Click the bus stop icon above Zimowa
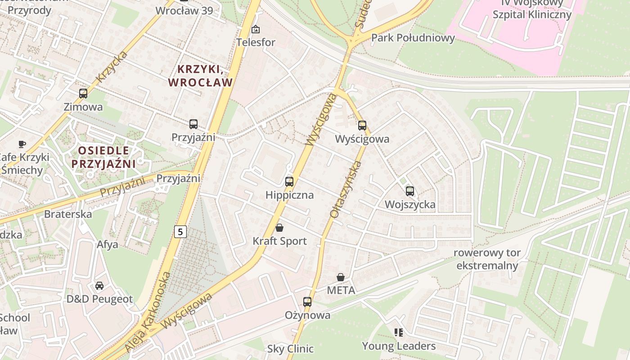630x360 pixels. [83, 94]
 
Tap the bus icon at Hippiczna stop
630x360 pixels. [289, 182]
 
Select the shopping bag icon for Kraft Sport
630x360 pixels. [279, 228]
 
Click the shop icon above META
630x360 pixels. [341, 277]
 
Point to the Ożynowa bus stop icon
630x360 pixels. [307, 302]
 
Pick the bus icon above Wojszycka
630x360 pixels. [410, 191]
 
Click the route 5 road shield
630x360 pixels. [180, 232]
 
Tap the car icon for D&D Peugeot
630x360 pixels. [99, 286]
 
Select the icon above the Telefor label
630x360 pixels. [256, 29]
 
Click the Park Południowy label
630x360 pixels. [413, 38]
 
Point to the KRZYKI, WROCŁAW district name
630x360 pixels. [200, 76]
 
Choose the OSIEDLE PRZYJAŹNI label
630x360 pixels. [103, 157]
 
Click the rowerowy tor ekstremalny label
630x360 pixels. [487, 259]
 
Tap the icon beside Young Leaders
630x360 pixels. [398, 333]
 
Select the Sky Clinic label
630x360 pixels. [290, 348]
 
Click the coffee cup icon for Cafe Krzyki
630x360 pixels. [22, 144]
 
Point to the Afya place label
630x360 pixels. [108, 244]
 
